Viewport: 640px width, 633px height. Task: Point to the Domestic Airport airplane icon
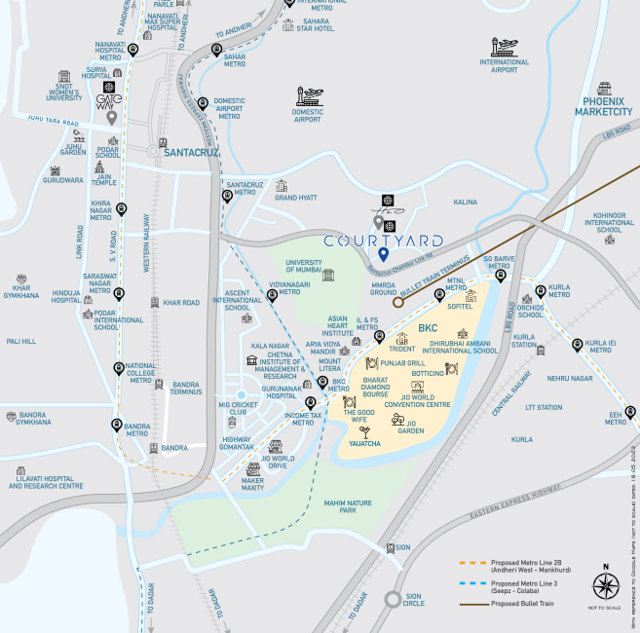click(x=309, y=95)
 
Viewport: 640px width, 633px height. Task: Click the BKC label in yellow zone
click(x=428, y=328)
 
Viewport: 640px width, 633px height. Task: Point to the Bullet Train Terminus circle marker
click(x=397, y=302)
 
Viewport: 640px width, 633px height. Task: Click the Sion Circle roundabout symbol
click(x=393, y=600)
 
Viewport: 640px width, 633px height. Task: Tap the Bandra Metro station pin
click(x=117, y=425)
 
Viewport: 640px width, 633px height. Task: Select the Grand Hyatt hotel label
click(x=296, y=198)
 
